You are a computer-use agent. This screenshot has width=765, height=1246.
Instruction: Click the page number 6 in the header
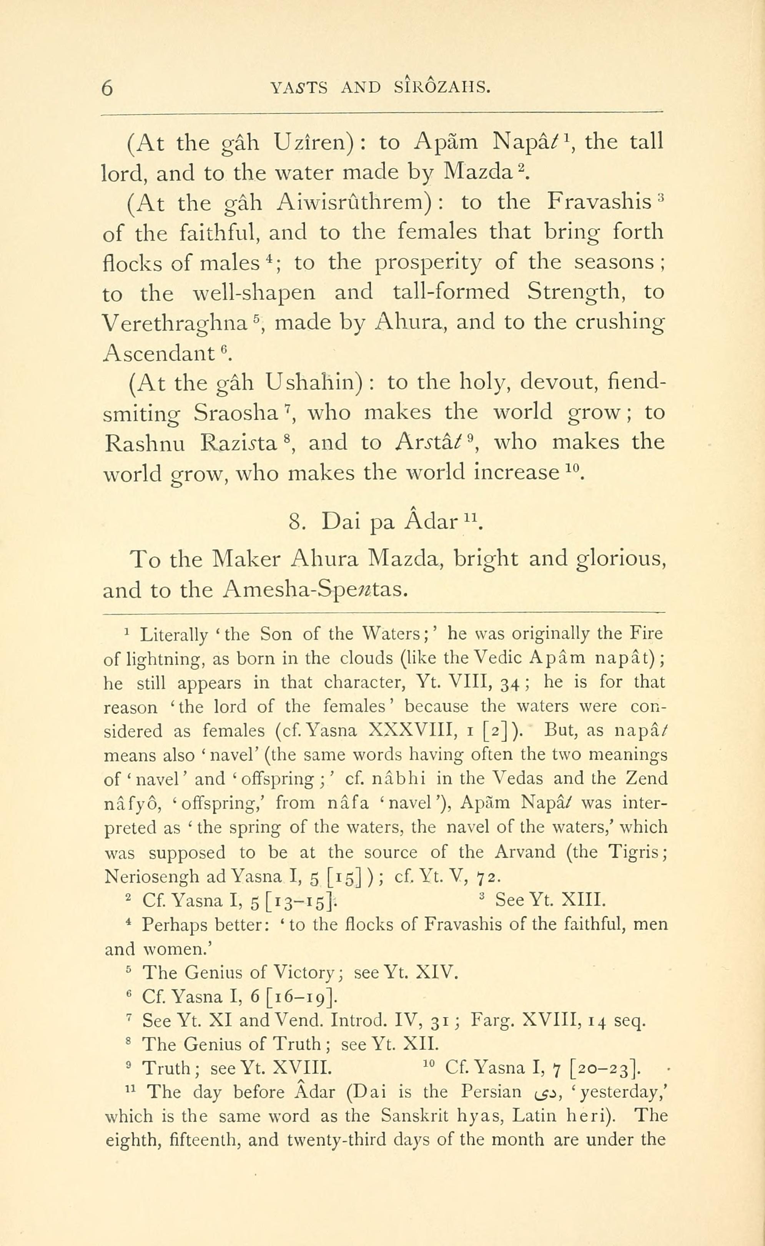click(107, 88)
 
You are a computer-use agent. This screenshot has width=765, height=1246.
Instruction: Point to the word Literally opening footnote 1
click(173, 635)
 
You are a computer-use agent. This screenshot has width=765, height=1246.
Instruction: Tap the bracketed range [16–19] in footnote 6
click(301, 997)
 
